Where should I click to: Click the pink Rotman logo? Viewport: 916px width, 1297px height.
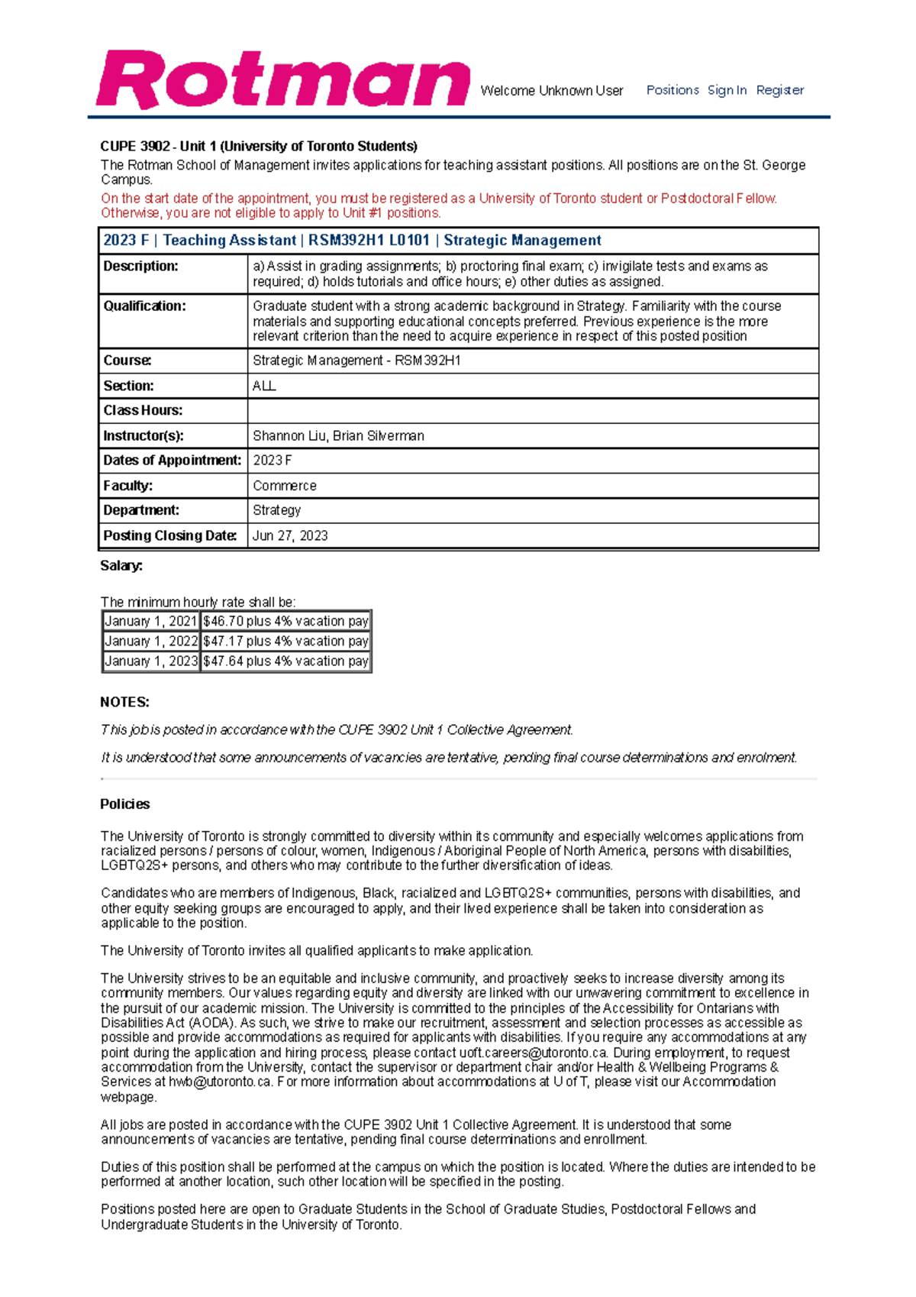[x=282, y=80]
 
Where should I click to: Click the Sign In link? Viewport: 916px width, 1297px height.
[x=727, y=90]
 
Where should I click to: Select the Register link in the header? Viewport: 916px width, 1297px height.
[x=779, y=90]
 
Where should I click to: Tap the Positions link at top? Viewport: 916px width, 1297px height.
[x=672, y=90]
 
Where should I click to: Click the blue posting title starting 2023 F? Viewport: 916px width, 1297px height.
[x=352, y=241]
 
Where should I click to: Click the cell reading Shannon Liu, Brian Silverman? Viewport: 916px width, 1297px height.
[x=338, y=436]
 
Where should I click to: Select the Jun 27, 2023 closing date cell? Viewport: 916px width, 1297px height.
[x=290, y=536]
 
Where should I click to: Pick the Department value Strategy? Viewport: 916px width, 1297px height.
[x=276, y=510]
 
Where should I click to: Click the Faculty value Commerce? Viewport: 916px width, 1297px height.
[x=284, y=486]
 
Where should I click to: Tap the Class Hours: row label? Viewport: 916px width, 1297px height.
[x=143, y=411]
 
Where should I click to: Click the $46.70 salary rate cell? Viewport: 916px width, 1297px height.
[x=285, y=622]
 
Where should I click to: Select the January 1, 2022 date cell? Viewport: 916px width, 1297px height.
[x=151, y=642]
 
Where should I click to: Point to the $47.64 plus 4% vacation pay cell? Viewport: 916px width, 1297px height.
[x=285, y=661]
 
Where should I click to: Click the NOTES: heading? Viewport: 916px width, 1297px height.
[x=124, y=702]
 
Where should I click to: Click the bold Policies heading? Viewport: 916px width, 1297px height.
[x=124, y=804]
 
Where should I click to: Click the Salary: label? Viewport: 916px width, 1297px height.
[x=121, y=566]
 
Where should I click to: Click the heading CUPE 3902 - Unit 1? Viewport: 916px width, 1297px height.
[x=258, y=147]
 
